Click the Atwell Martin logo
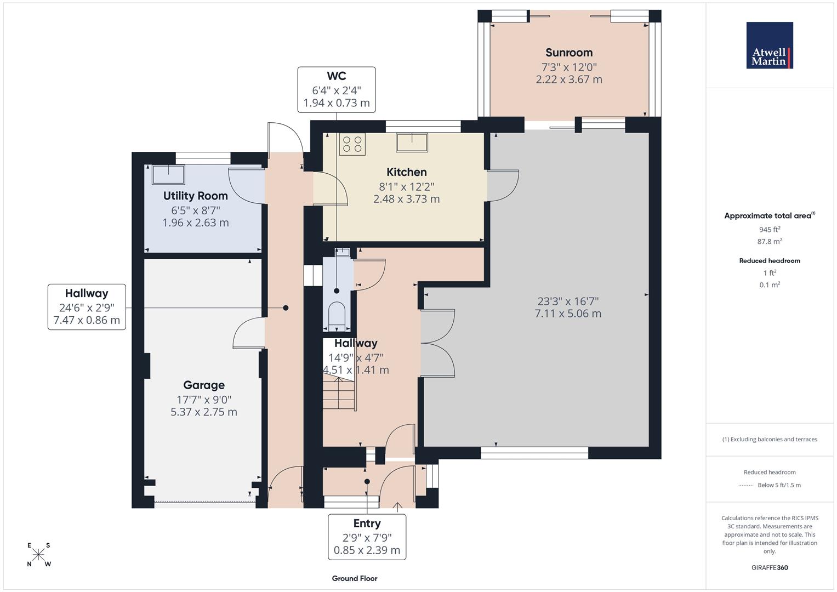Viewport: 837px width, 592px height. [x=770, y=45]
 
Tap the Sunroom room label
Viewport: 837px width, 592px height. [x=568, y=53]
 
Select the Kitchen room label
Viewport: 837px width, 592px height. [x=406, y=172]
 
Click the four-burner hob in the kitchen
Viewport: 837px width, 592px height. [x=352, y=144]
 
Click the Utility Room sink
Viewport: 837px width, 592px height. [x=169, y=174]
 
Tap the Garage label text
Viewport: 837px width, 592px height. [x=204, y=385]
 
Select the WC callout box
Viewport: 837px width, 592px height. [x=337, y=89]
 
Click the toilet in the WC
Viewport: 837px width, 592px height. [x=336, y=316]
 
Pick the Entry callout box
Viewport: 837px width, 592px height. [x=367, y=537]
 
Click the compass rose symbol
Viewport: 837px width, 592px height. [x=38, y=555]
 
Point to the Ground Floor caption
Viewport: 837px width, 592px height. [x=355, y=578]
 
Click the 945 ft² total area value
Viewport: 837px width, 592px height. [x=770, y=230]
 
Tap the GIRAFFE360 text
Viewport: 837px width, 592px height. [x=770, y=567]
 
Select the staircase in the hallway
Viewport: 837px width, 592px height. [x=339, y=392]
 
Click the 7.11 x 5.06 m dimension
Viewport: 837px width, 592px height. [x=568, y=314]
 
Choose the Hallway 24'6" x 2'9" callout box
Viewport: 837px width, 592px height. [x=87, y=307]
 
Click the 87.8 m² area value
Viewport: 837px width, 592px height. [x=770, y=241]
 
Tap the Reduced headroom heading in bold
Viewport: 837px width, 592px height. [x=770, y=261]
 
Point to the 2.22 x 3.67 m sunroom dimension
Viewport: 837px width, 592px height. [x=568, y=79]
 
